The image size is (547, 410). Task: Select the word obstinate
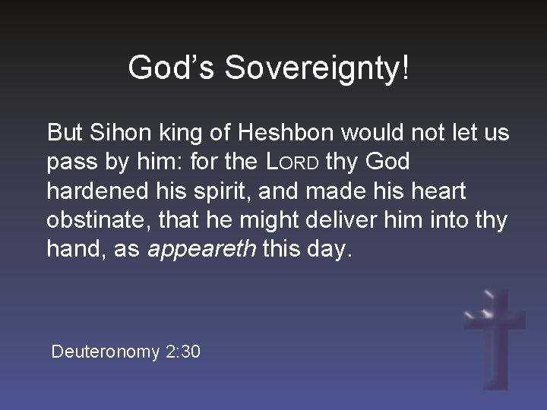[94, 221]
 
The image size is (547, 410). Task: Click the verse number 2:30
[182, 352]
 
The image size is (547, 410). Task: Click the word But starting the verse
[65, 133]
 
